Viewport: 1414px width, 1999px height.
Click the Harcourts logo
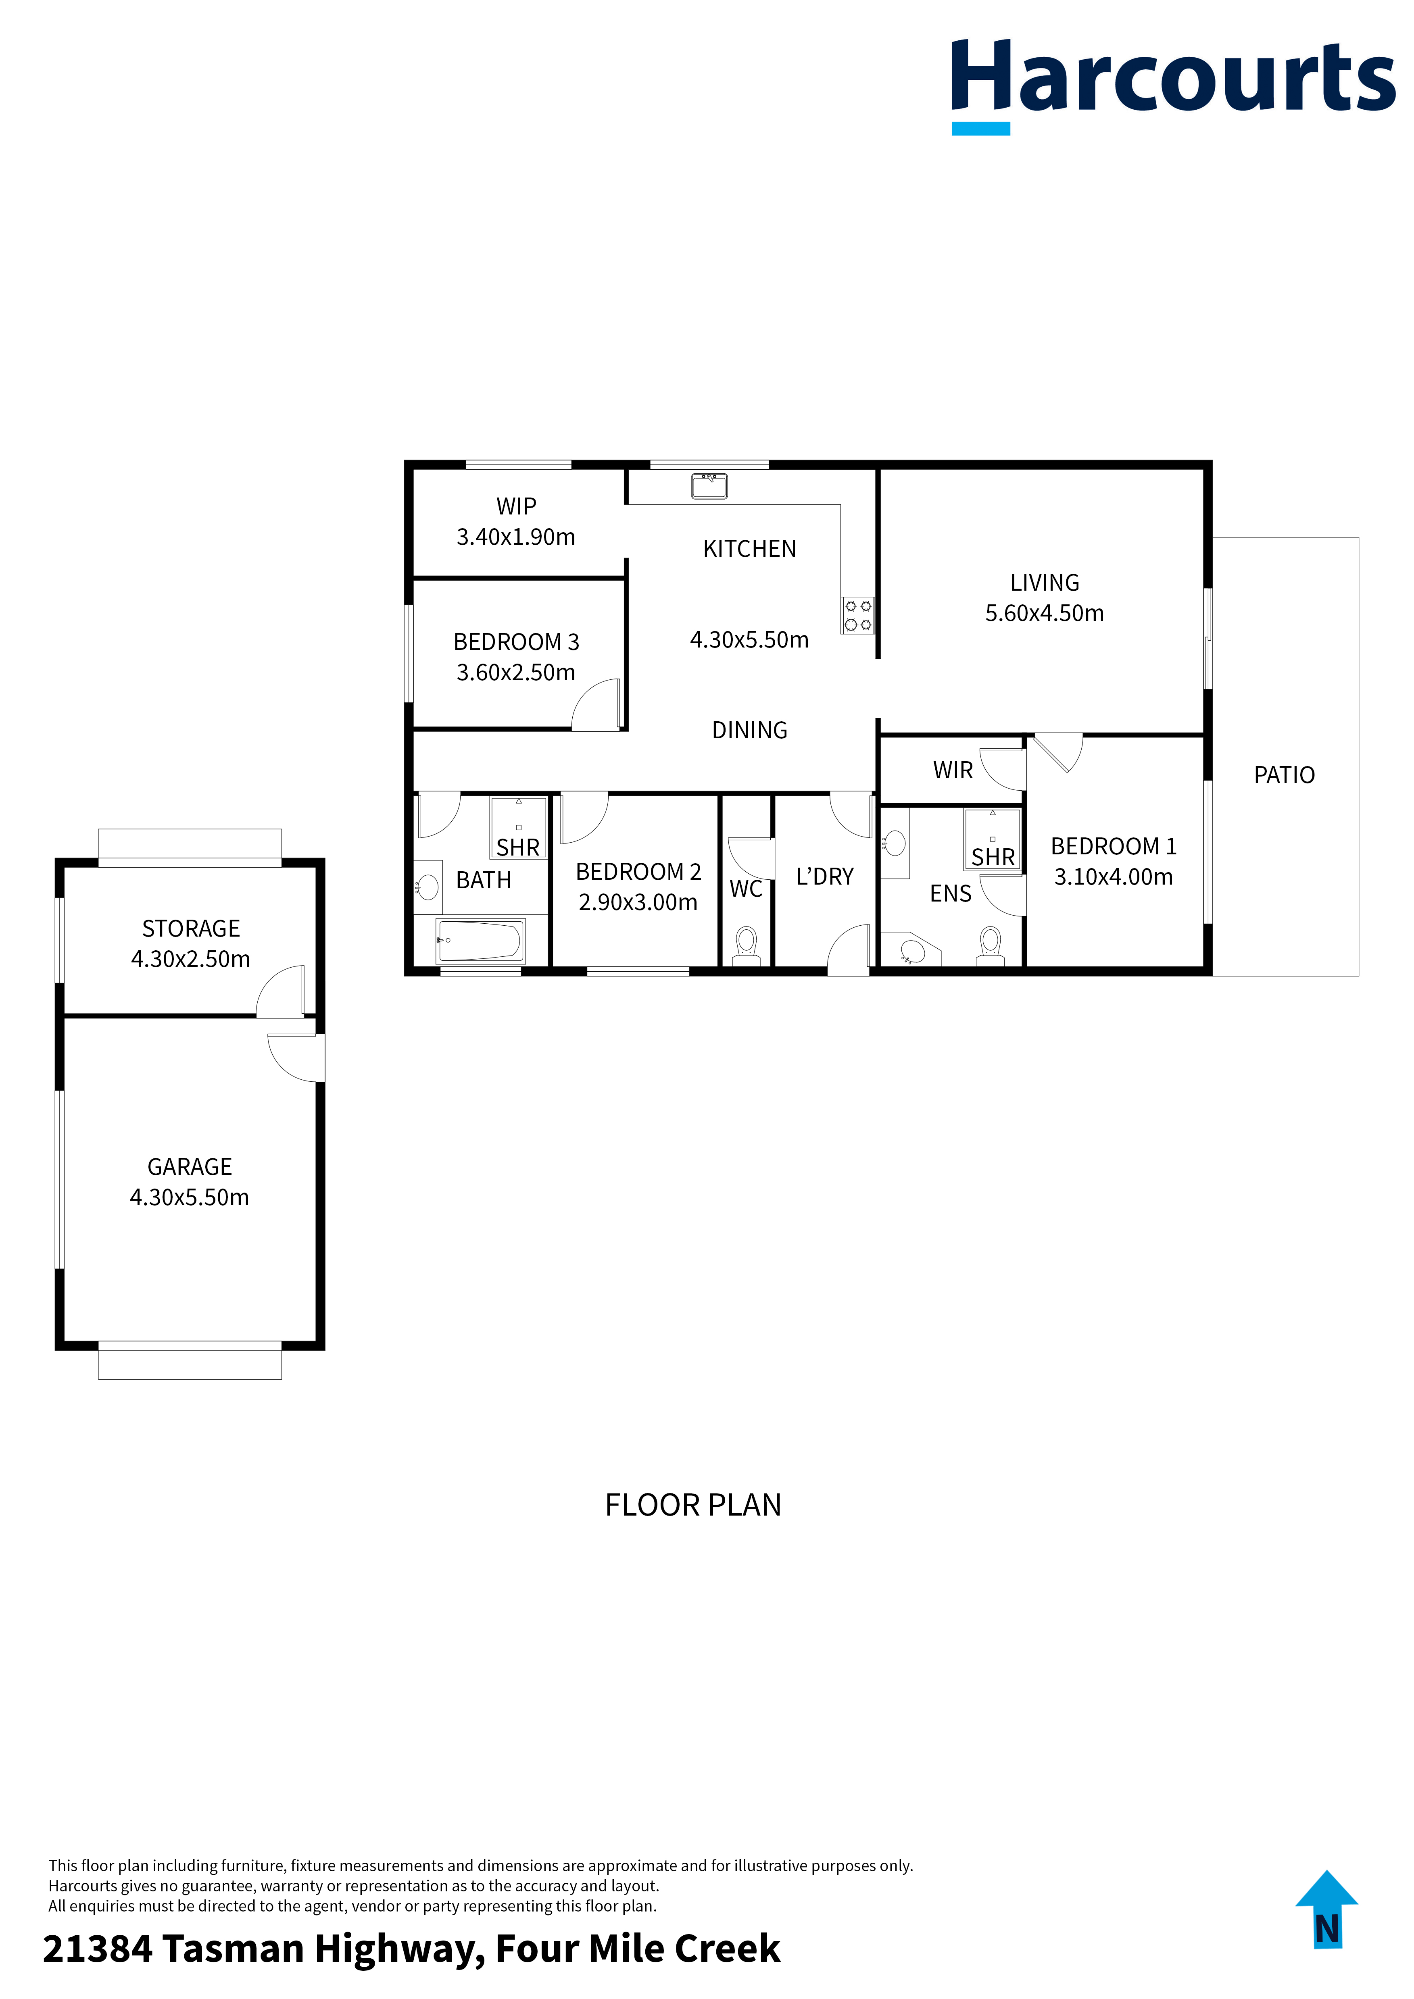pyautogui.click(x=1173, y=86)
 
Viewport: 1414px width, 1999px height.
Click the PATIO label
pyautogui.click(x=1284, y=775)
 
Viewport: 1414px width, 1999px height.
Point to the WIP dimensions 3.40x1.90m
pyautogui.click(x=516, y=537)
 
